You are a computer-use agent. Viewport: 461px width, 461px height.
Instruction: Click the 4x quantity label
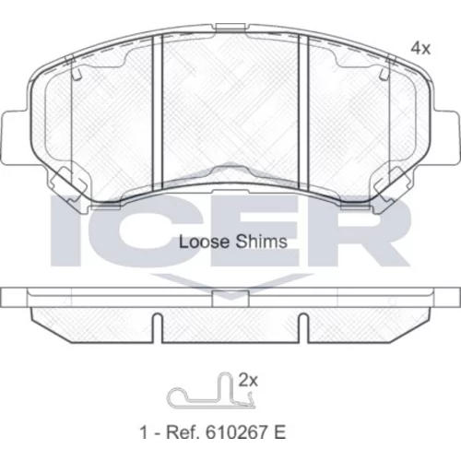420,48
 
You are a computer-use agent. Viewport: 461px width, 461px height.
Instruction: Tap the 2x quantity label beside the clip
248,381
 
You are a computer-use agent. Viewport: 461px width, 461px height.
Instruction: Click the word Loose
204,242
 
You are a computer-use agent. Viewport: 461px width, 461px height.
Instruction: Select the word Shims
262,242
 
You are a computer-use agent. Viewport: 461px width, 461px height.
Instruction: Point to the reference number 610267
237,432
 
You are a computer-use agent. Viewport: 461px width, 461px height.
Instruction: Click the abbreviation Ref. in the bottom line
182,432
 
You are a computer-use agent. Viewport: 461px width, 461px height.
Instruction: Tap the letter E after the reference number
280,432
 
